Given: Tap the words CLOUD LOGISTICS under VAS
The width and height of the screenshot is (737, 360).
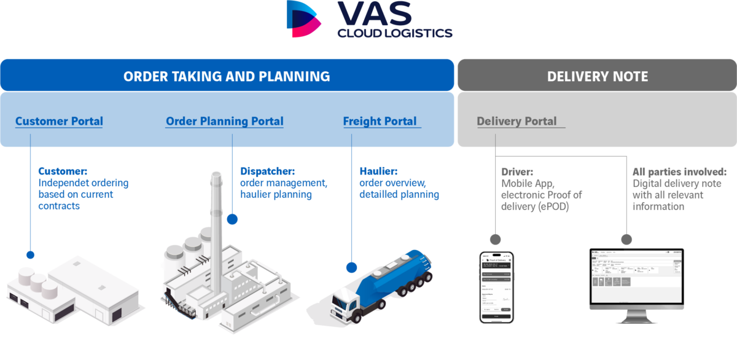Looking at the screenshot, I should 395,33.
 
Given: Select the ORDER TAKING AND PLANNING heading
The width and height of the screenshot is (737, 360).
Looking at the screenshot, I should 227,76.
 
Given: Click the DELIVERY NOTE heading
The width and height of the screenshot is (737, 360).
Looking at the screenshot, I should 597,76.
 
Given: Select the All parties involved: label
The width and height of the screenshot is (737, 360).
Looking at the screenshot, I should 679,171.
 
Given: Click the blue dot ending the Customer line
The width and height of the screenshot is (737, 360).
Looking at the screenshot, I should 29,254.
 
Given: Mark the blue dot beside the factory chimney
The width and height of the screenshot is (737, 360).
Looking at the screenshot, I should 232,218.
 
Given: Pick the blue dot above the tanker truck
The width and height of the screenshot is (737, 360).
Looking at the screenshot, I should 351,267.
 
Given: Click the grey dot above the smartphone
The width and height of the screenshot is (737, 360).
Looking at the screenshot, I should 495,239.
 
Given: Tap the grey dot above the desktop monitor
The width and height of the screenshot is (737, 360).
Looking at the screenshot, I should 626,239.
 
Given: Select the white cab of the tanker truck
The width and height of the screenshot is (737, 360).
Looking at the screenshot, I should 349,304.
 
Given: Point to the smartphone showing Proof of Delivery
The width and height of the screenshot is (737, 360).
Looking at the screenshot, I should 496,286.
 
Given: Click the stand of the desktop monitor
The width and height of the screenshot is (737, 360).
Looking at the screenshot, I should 635,316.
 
